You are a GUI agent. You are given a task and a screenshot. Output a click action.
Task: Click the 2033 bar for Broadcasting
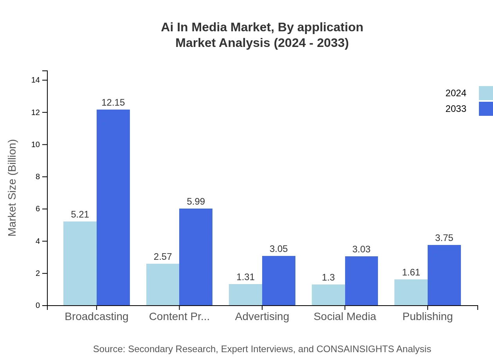click(113, 207)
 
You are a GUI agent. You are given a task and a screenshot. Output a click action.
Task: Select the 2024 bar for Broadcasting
click(80, 263)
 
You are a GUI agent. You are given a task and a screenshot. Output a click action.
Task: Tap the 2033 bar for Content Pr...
click(196, 257)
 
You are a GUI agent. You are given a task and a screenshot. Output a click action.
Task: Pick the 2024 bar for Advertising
click(245, 295)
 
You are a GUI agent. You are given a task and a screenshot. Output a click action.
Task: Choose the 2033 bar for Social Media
click(362, 281)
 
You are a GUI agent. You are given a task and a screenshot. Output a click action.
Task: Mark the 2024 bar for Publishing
click(411, 292)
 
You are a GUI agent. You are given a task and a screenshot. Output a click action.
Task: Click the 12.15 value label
click(113, 103)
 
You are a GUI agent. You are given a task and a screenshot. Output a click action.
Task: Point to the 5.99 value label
click(196, 202)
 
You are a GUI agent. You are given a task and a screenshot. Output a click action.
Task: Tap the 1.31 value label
click(245, 277)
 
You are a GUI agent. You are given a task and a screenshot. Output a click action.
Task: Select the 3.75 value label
click(444, 238)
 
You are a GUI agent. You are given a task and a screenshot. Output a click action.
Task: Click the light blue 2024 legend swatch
click(486, 93)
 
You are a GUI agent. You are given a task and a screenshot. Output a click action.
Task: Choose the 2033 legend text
click(456, 109)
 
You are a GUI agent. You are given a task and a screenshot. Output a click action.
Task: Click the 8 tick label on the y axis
click(38, 177)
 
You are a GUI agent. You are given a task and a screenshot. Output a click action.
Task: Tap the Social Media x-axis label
click(345, 317)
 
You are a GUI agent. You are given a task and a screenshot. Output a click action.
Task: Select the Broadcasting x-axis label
click(96, 317)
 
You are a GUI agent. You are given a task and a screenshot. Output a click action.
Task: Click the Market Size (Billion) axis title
click(13, 188)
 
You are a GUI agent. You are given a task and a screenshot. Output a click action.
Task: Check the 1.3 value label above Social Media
click(328, 277)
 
